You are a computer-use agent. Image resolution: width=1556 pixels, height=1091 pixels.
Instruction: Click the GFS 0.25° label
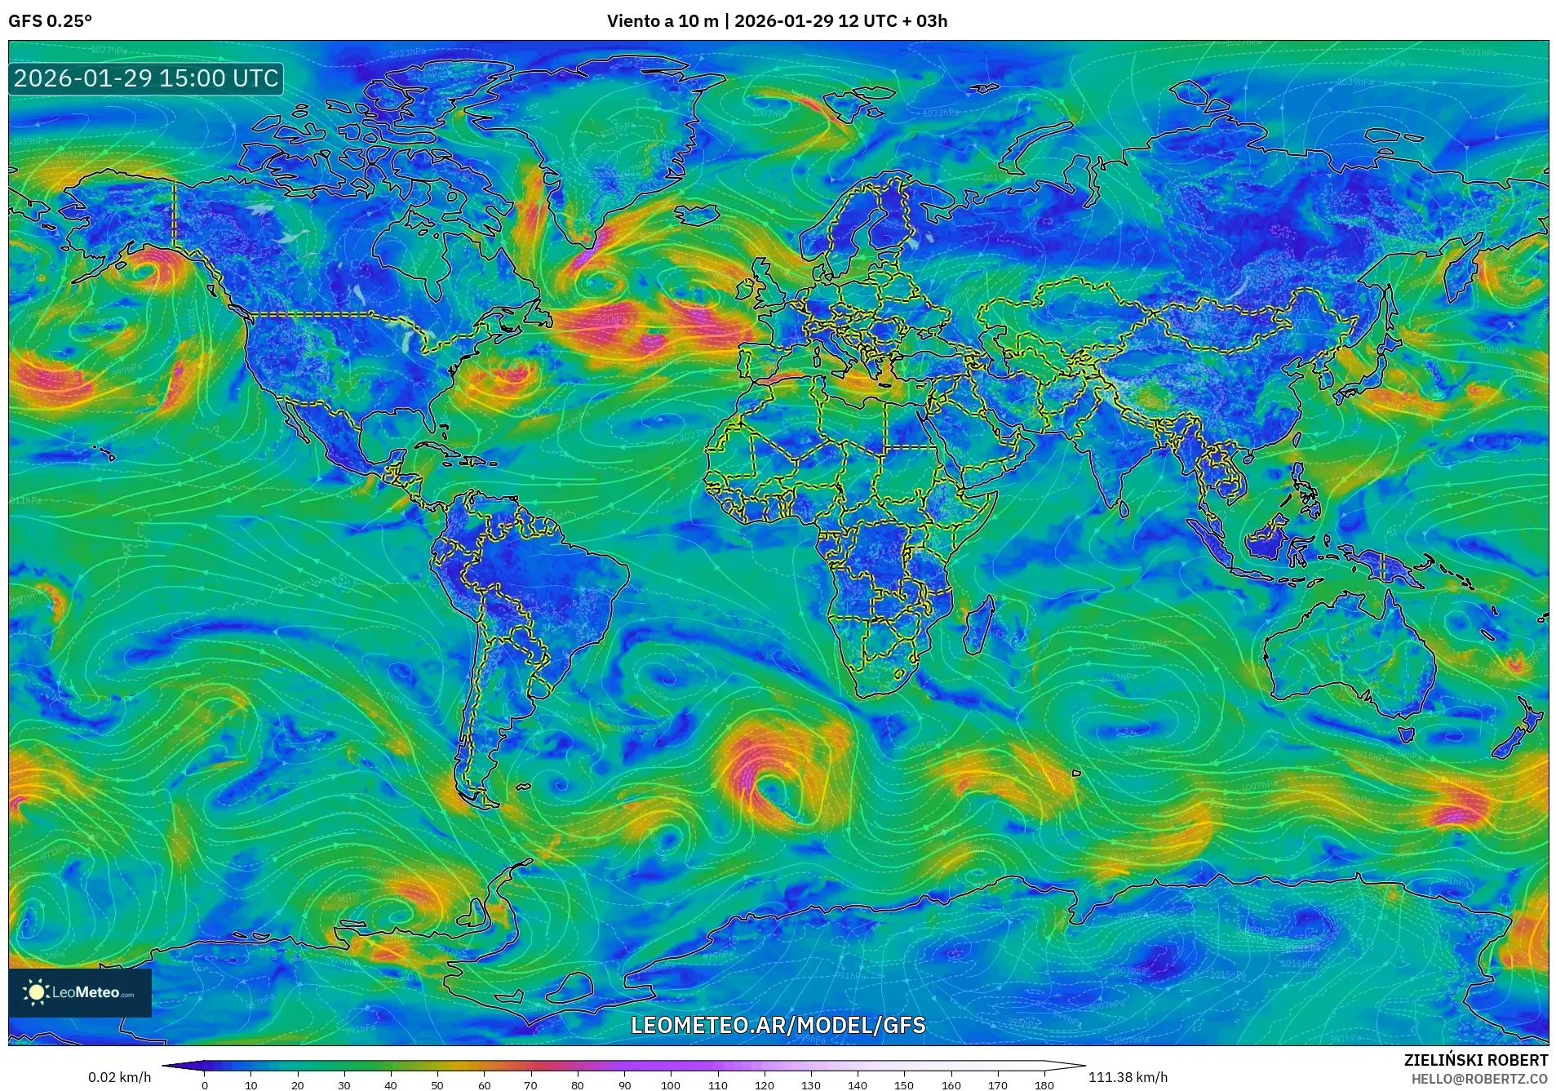pyautogui.click(x=50, y=21)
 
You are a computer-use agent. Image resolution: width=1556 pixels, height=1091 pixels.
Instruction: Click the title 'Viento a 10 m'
pyautogui.click(x=662, y=21)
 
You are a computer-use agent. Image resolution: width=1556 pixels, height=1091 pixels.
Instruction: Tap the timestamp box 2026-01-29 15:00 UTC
pyautogui.click(x=147, y=78)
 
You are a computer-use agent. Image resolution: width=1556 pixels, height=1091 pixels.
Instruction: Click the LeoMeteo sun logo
pyautogui.click(x=36, y=992)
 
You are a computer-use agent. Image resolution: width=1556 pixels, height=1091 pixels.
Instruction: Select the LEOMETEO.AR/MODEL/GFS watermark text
pyautogui.click(x=778, y=1025)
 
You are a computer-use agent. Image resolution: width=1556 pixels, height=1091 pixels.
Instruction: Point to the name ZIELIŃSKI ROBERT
pyautogui.click(x=1475, y=1060)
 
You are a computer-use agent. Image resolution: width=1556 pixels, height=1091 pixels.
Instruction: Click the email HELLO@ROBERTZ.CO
pyautogui.click(x=1479, y=1079)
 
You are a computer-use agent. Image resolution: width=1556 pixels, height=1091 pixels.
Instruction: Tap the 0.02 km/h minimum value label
pyautogui.click(x=119, y=1077)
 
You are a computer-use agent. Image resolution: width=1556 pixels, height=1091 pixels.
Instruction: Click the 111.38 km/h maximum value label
pyautogui.click(x=1128, y=1077)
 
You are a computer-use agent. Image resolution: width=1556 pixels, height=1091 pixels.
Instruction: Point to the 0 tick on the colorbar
pyautogui.click(x=205, y=1085)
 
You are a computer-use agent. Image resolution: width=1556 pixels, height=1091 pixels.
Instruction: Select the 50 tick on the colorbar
pyautogui.click(x=437, y=1085)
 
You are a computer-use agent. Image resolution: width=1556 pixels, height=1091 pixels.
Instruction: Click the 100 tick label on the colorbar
pyautogui.click(x=671, y=1085)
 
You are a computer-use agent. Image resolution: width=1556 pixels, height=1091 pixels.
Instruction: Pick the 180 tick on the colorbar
pyautogui.click(x=1044, y=1085)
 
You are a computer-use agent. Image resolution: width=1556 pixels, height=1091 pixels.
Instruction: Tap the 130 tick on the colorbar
pyautogui.click(x=810, y=1085)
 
